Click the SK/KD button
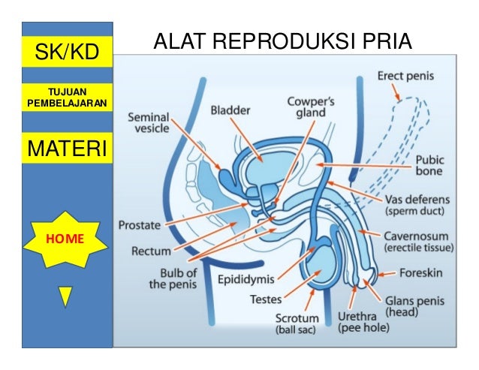[68, 51]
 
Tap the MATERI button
[68, 148]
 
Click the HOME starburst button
[67, 239]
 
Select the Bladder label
[229, 109]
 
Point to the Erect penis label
[405, 77]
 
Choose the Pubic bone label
[429, 165]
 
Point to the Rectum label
[151, 251]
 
